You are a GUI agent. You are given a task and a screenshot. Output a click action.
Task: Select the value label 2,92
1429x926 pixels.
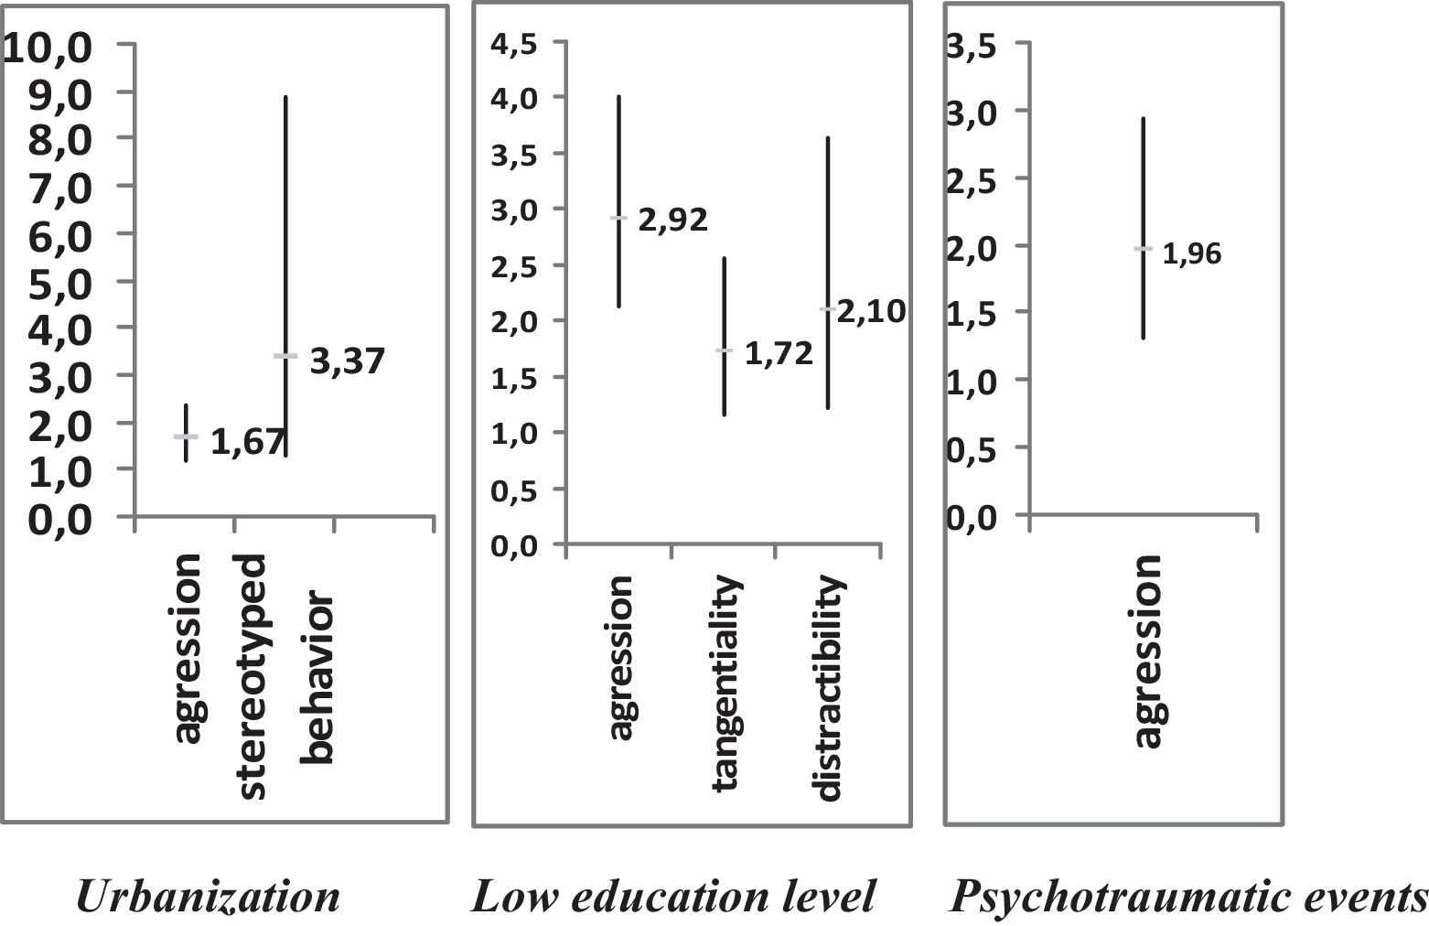click(x=672, y=221)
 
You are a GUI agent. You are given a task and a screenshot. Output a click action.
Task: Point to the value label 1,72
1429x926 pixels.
click(x=779, y=353)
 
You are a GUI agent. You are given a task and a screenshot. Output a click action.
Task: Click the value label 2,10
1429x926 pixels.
click(x=871, y=312)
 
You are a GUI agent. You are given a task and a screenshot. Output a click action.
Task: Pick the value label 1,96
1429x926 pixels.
click(x=1191, y=253)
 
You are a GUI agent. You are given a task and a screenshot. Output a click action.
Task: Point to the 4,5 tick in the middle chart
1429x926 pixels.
click(x=516, y=44)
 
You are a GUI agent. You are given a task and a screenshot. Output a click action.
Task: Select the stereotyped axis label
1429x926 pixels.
click(x=248, y=676)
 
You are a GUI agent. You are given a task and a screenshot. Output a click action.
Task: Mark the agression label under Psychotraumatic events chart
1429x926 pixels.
click(x=1146, y=651)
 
